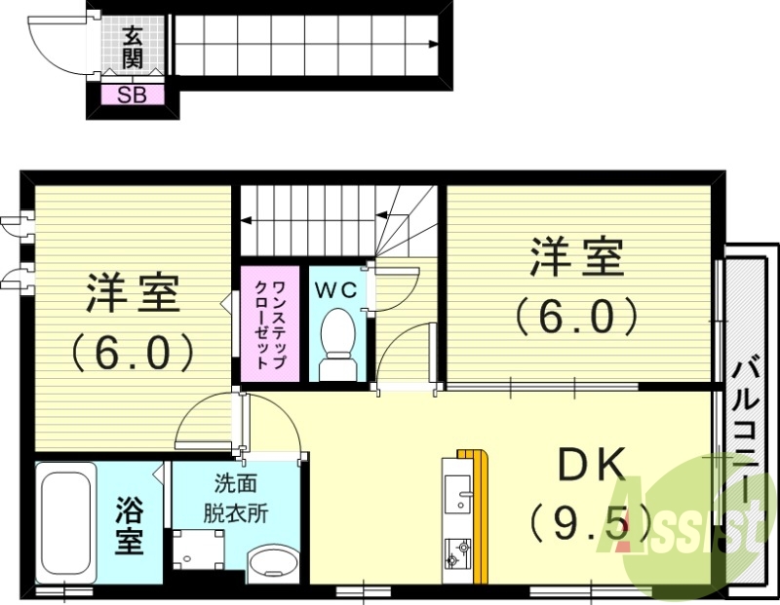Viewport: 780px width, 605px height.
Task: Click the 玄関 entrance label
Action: point(133,47)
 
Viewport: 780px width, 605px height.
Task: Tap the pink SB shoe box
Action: point(133,95)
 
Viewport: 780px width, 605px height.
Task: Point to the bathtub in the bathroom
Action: point(66,524)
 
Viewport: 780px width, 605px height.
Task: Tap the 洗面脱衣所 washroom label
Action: point(236,497)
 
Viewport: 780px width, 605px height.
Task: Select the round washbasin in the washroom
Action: point(274,563)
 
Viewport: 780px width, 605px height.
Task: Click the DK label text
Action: point(590,468)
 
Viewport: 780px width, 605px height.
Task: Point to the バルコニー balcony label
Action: point(747,429)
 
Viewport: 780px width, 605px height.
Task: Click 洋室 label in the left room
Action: point(133,295)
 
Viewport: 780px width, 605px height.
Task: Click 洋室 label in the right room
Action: point(575,258)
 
